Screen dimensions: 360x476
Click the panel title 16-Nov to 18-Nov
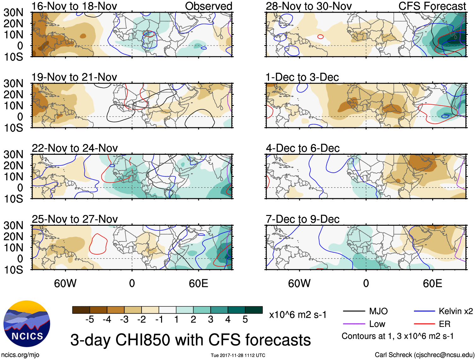[x=74, y=6]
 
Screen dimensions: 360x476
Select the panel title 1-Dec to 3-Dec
[x=302, y=77]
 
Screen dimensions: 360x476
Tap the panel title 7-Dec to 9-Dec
[x=302, y=219]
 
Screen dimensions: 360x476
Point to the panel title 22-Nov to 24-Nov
[x=75, y=148]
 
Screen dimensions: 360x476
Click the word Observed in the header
[x=208, y=6]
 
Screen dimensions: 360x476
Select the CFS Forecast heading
[x=432, y=6]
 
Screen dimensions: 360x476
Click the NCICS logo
[x=27, y=324]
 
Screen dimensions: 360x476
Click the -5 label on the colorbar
[x=90, y=320]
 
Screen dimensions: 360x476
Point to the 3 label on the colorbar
[x=211, y=320]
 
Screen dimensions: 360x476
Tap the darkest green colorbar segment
[x=254, y=310]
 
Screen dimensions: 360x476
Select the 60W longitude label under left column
[x=65, y=283]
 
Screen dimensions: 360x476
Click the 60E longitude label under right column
[x=432, y=283]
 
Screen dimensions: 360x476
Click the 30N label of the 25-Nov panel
[x=14, y=225]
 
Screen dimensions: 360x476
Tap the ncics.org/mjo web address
[x=20, y=355]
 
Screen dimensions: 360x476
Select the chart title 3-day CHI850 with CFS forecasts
[x=190, y=340]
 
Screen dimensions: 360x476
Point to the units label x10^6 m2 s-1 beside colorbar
[x=298, y=315]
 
